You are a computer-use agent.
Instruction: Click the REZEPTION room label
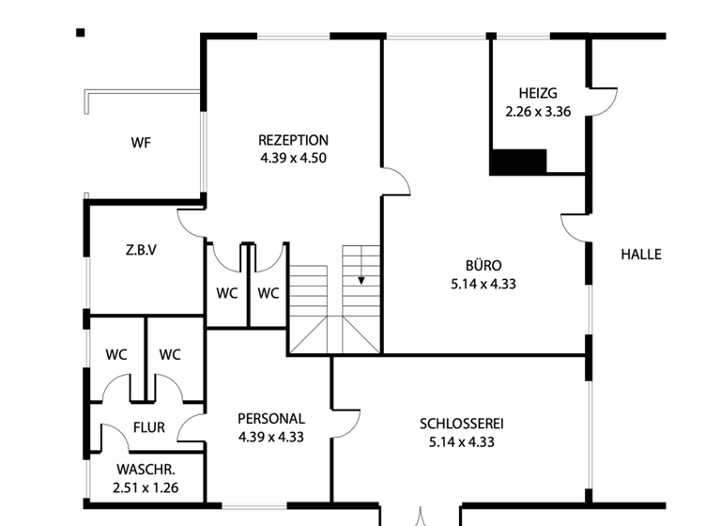(x=293, y=141)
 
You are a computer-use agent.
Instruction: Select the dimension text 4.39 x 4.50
(x=293, y=158)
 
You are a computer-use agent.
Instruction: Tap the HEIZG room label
(x=538, y=93)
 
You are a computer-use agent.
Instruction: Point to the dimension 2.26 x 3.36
(x=538, y=110)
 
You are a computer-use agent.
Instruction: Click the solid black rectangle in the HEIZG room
(x=518, y=162)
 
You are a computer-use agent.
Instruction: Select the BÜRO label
(x=483, y=265)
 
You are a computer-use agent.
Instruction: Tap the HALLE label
(x=641, y=254)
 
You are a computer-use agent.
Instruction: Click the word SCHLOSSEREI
(x=462, y=424)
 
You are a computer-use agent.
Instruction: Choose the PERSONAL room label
(x=270, y=419)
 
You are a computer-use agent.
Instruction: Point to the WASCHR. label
(x=146, y=470)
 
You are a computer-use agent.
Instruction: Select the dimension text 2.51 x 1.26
(x=146, y=487)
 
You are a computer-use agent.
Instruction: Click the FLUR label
(x=148, y=427)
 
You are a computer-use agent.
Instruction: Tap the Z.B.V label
(x=141, y=251)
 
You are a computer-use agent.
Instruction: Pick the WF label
(x=141, y=144)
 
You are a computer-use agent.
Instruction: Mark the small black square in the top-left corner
(x=81, y=33)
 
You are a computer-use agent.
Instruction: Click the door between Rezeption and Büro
(x=395, y=182)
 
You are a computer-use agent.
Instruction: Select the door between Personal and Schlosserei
(x=346, y=423)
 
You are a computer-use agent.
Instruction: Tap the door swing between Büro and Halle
(x=575, y=227)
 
